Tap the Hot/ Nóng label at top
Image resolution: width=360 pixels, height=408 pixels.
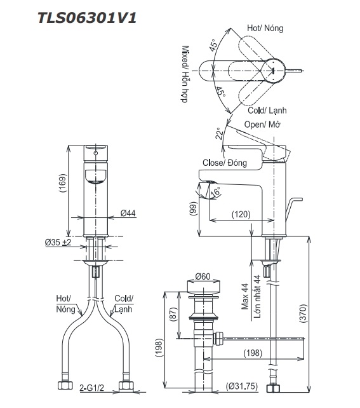pyautogui.click(x=265, y=29)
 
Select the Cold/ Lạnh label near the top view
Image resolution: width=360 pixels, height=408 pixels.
pyautogui.click(x=267, y=110)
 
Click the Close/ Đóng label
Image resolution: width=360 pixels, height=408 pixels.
pyautogui.click(x=223, y=163)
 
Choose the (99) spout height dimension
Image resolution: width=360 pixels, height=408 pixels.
pyautogui.click(x=193, y=208)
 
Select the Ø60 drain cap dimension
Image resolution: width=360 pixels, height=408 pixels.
pyautogui.click(x=203, y=276)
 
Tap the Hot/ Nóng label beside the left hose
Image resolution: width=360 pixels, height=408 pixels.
pyautogui.click(x=64, y=304)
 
